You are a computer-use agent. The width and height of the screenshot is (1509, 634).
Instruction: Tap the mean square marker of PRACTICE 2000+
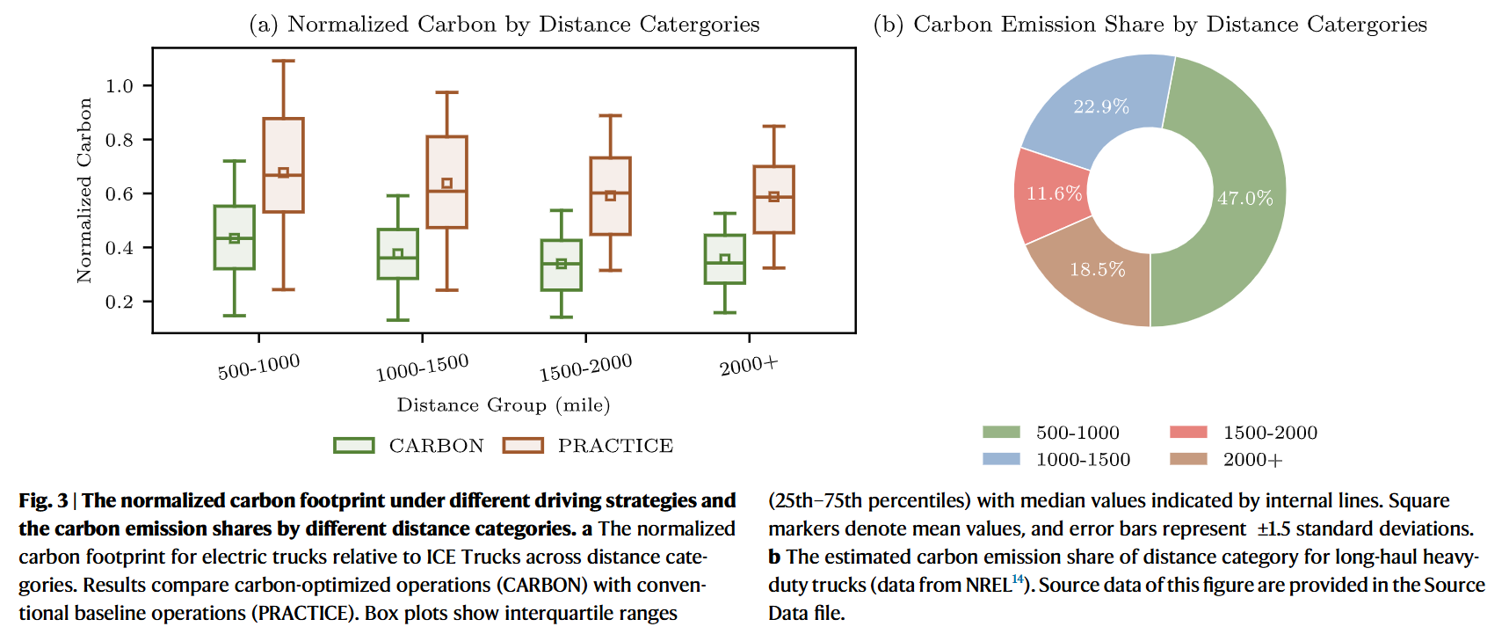click(x=773, y=197)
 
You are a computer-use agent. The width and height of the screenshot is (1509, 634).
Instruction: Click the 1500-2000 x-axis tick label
click(x=585, y=368)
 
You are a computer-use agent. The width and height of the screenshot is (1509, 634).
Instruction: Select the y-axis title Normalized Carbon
click(x=84, y=190)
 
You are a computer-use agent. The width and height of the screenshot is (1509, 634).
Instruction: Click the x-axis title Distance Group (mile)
click(x=503, y=405)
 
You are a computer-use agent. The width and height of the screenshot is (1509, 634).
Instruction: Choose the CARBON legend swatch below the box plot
click(x=354, y=446)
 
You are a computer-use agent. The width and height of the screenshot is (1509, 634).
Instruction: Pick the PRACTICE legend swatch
click(x=522, y=446)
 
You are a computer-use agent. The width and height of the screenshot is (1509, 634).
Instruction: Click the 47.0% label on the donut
click(x=1244, y=199)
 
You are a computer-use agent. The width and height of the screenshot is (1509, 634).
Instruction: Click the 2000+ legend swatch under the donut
click(x=1188, y=459)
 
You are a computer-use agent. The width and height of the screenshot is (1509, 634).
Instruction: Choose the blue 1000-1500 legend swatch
click(x=1001, y=459)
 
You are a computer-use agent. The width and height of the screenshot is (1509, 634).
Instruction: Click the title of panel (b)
click(x=1150, y=25)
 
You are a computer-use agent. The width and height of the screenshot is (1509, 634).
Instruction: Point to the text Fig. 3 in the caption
click(x=43, y=501)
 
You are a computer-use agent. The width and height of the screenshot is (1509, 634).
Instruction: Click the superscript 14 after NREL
click(x=1017, y=579)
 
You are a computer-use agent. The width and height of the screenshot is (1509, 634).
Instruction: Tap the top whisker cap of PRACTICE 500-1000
click(x=283, y=62)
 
